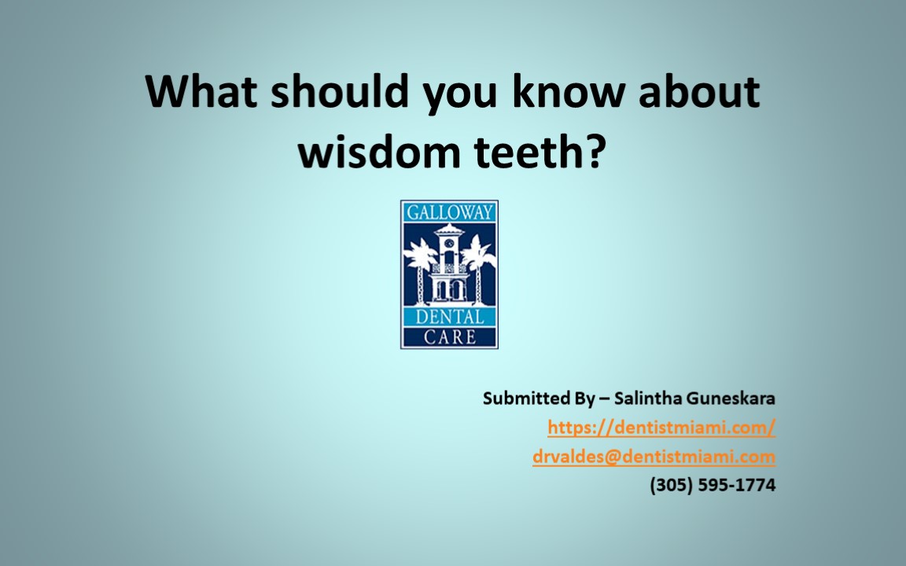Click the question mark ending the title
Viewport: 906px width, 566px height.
(596, 150)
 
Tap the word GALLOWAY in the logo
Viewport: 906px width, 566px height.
(449, 212)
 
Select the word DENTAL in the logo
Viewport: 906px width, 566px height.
(449, 318)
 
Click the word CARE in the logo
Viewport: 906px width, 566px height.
(449, 338)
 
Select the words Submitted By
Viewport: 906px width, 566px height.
(539, 399)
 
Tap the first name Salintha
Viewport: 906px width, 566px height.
(644, 399)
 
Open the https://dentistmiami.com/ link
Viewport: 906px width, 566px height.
(661, 427)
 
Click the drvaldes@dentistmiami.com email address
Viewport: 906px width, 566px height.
(654, 456)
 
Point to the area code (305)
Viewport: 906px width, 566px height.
(668, 485)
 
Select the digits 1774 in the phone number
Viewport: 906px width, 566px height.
(756, 485)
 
